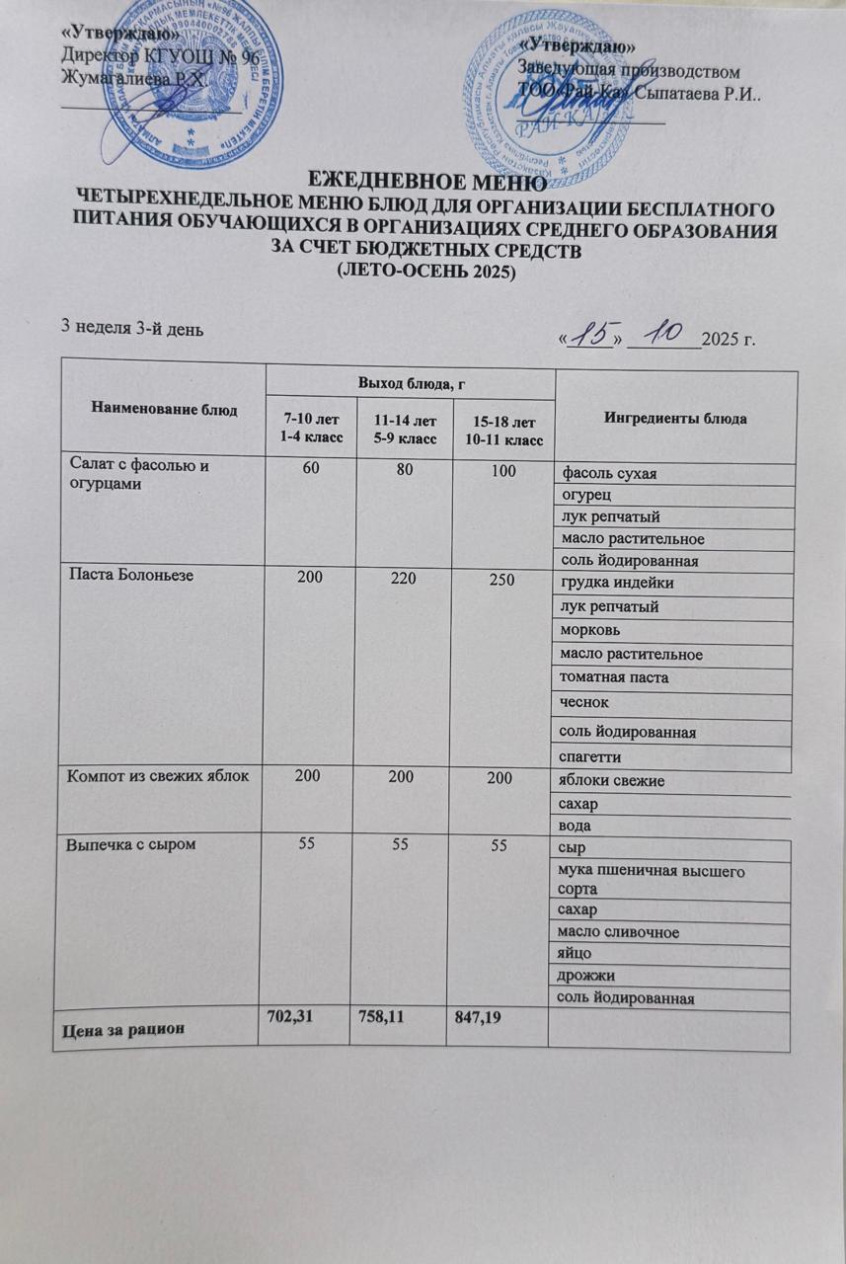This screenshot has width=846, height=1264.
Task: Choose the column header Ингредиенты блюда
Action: coord(675,419)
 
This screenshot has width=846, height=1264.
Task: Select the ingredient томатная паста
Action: coord(614,678)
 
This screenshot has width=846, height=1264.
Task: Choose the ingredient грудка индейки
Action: coord(617,583)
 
